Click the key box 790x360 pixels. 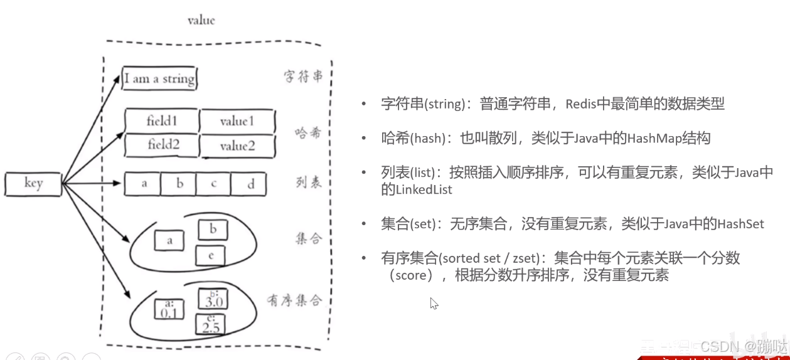33,183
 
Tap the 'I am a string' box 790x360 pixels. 159,79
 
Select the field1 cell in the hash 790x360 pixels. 162,121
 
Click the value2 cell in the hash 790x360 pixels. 237,146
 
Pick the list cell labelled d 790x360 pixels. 250,184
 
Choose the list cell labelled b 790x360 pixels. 179,184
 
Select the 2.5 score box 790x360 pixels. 211,324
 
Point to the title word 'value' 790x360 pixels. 201,20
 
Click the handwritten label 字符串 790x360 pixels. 303,77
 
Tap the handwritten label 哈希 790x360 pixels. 308,133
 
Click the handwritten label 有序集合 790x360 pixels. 294,300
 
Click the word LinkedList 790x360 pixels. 416,189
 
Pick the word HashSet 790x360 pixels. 740,223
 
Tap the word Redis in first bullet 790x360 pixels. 582,104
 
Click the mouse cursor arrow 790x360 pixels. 433,303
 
